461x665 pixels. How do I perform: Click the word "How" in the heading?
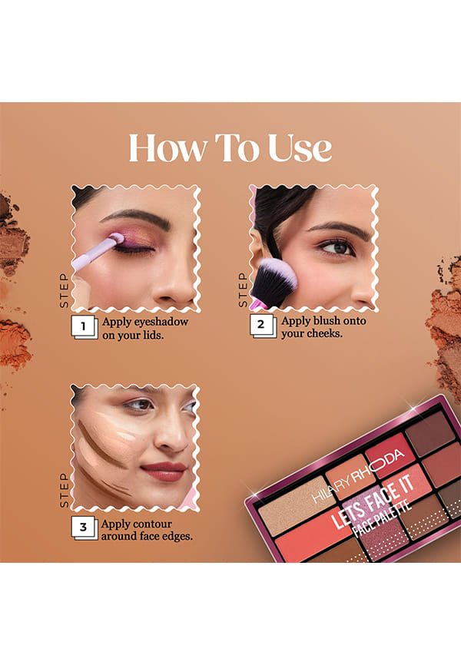(x=168, y=147)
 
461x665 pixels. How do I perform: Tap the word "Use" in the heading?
(x=300, y=147)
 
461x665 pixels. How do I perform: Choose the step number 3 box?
(x=84, y=528)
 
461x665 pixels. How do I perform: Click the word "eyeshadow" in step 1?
(x=161, y=322)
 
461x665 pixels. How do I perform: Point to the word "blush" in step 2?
(x=327, y=321)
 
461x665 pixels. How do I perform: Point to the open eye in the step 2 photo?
(x=337, y=247)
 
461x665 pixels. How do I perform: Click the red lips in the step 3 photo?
(x=164, y=471)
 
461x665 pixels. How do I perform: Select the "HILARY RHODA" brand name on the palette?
(x=359, y=475)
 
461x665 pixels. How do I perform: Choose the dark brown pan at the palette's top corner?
(x=430, y=433)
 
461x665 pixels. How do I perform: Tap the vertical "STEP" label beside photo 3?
(x=64, y=490)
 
